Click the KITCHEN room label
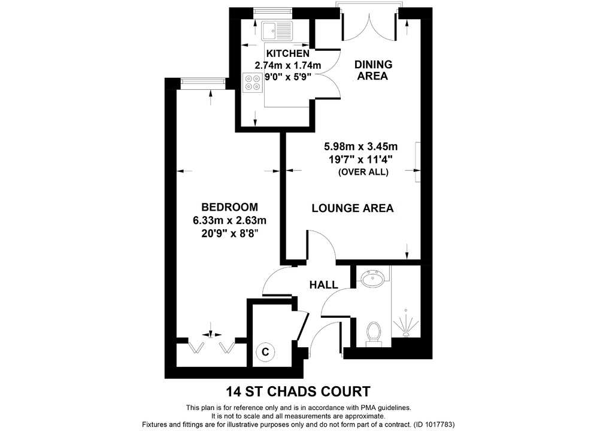pyautogui.click(x=288, y=54)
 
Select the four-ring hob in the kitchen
pyautogui.click(x=253, y=81)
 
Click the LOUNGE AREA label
pyautogui.click(x=352, y=208)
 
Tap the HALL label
pyautogui.click(x=323, y=285)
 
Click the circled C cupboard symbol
pyautogui.click(x=264, y=352)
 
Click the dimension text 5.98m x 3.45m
pyautogui.click(x=361, y=146)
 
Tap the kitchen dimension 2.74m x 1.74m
pyautogui.click(x=288, y=65)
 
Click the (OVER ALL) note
pyautogui.click(x=363, y=172)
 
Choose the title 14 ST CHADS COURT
pyautogui.click(x=298, y=393)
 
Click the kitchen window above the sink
pyautogui.click(x=272, y=11)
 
